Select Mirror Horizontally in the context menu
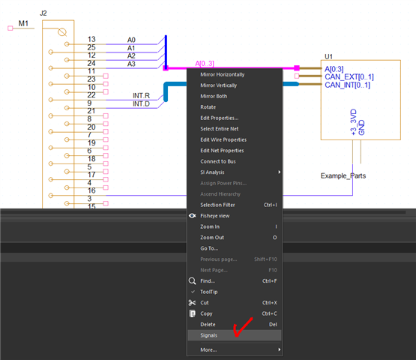[x=222, y=74]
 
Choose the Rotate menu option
[x=208, y=107]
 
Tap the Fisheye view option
[x=216, y=215]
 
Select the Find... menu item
[x=208, y=280]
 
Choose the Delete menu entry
[x=208, y=324]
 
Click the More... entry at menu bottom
[x=208, y=349]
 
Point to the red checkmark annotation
[x=241, y=328]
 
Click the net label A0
[x=131, y=40]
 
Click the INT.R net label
[x=141, y=95]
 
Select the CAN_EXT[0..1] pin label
[x=349, y=76]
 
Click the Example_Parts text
[x=344, y=176]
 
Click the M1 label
[x=23, y=25]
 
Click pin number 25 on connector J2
[x=91, y=47]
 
